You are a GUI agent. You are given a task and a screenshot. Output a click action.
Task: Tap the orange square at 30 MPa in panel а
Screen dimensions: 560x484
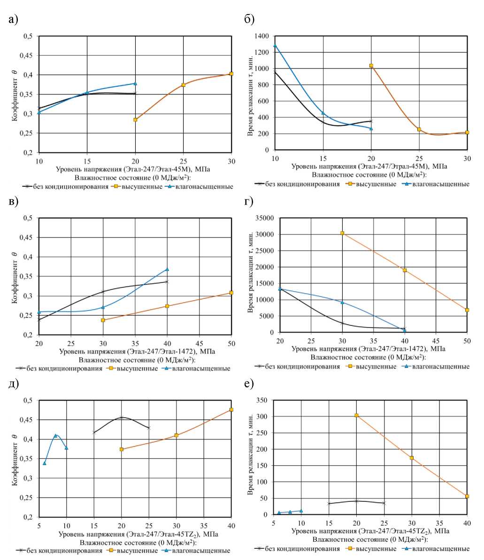(231, 74)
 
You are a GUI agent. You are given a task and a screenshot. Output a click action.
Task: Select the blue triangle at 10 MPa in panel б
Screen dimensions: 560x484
(275, 45)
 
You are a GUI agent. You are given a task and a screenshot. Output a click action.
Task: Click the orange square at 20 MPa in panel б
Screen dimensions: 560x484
(371, 66)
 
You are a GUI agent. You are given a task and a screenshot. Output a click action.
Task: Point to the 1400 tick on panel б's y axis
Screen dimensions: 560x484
(262, 36)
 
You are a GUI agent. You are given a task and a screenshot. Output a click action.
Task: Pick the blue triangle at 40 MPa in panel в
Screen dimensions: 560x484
(167, 269)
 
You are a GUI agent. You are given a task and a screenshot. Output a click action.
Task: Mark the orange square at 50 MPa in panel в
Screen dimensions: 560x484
(231, 293)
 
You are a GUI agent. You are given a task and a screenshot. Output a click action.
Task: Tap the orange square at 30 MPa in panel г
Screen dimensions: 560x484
(342, 233)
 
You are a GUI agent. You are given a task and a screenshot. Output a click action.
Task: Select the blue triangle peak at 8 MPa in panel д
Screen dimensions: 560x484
(55, 435)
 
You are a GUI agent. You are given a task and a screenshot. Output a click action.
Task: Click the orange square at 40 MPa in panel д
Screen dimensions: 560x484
(231, 410)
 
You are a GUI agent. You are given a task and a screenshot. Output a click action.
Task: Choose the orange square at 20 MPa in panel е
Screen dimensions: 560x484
(357, 415)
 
